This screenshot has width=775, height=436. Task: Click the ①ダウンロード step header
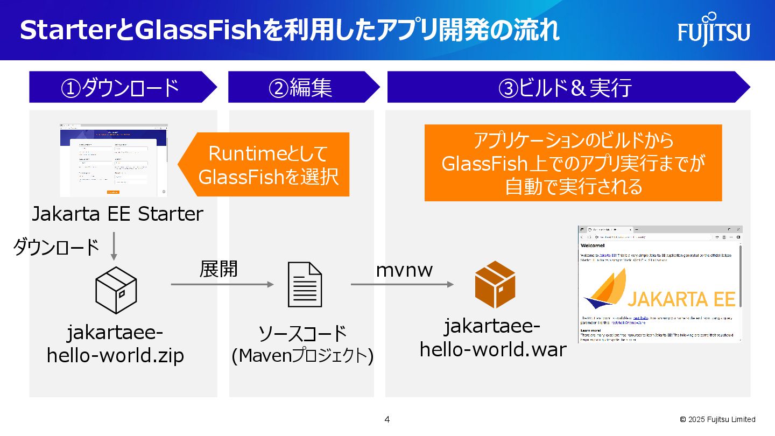click(x=121, y=87)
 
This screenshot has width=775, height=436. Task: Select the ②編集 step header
click(x=301, y=87)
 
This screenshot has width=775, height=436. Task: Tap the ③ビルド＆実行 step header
click(x=565, y=87)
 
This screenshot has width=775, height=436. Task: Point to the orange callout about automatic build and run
click(x=573, y=163)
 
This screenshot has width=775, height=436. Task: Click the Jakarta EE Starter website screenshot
click(x=113, y=160)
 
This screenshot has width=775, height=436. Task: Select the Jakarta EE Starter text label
click(x=117, y=214)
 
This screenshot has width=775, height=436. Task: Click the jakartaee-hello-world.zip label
click(x=115, y=344)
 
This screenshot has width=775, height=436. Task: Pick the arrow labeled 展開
click(x=222, y=284)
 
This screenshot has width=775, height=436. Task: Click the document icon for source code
click(x=305, y=284)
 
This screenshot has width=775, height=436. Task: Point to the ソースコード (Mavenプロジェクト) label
click(x=302, y=345)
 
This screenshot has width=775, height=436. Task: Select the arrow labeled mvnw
click(x=402, y=284)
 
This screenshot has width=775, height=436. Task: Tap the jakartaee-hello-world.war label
click(x=492, y=339)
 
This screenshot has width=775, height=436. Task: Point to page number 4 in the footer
click(x=387, y=419)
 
